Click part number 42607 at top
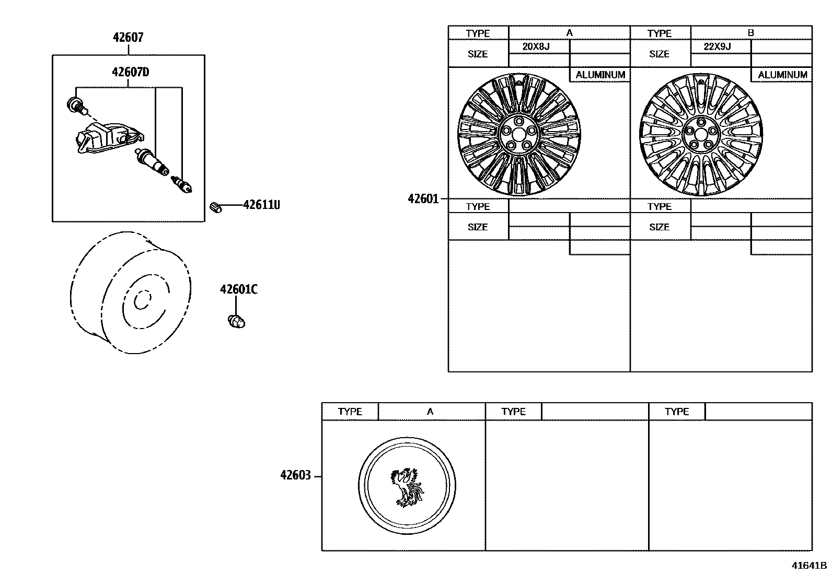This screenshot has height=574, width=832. coord(128,38)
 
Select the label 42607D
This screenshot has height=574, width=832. coord(130,72)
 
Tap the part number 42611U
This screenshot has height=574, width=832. coord(261,205)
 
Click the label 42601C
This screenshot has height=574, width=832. coord(239,289)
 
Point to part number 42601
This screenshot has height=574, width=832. coord(423,199)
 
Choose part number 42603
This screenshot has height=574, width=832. coord(295,475)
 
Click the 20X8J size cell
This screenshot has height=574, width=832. coord(536,46)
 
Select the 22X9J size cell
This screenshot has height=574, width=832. coord(718,46)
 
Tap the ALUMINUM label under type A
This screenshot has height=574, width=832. coord(600,75)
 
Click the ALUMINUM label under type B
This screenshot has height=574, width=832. coord(782,75)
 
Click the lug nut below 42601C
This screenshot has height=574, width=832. coord(237,321)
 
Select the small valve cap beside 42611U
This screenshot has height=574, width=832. coord(216,207)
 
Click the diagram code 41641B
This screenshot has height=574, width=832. coord(808,565)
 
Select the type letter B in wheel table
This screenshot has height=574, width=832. coord(751,32)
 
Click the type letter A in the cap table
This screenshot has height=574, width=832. coord(430,412)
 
